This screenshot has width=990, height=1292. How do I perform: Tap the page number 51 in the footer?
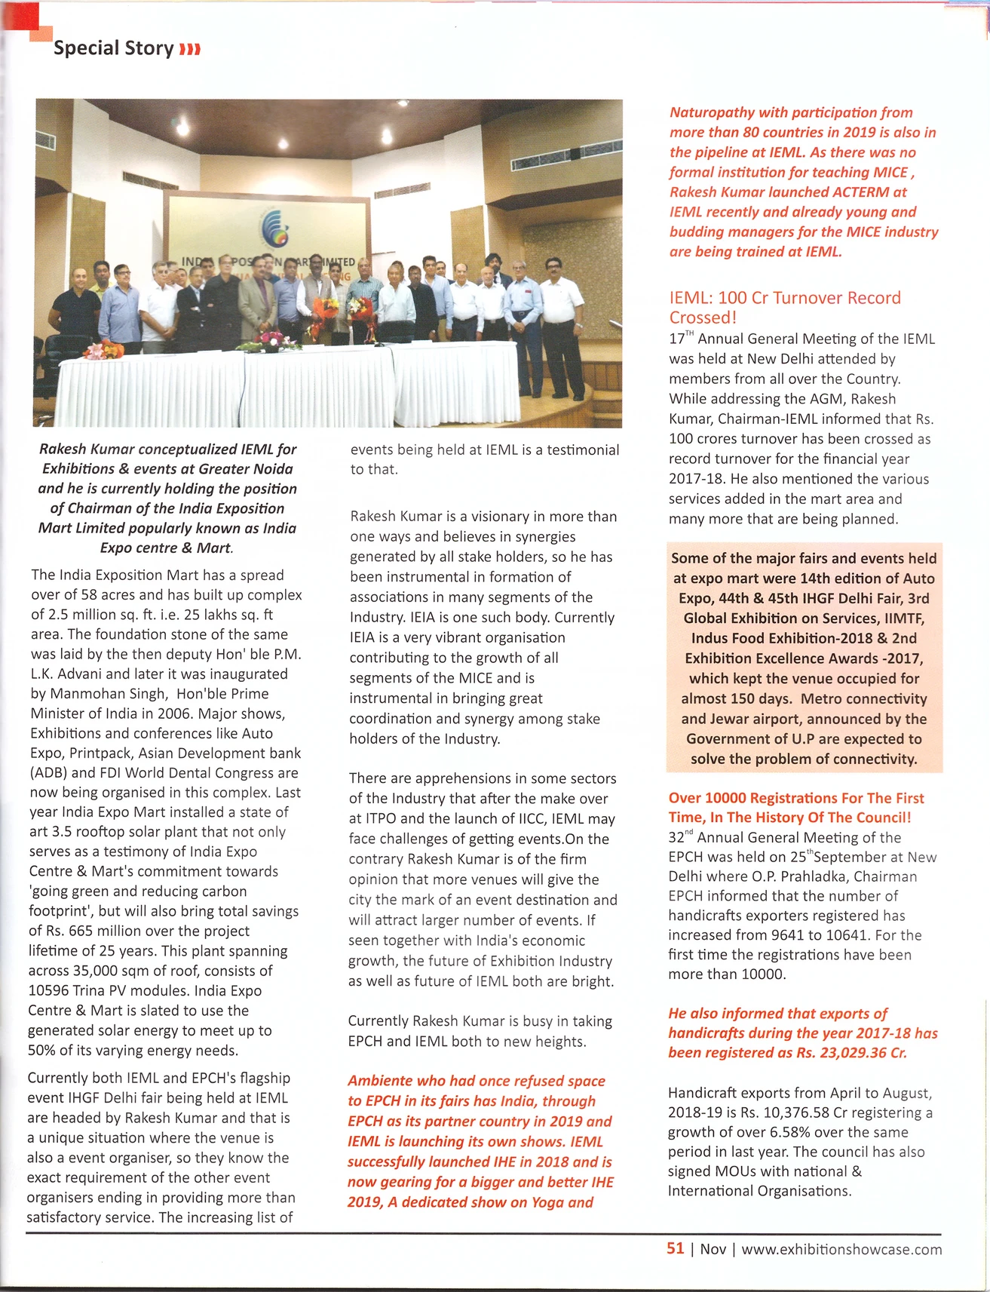tap(675, 1248)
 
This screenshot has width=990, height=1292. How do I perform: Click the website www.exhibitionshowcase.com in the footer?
tap(841, 1249)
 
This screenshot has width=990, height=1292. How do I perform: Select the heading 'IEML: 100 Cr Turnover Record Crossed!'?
tap(784, 307)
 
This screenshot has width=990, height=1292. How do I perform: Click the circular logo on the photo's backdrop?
tap(273, 227)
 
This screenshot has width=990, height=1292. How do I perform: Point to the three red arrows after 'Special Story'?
tap(189, 50)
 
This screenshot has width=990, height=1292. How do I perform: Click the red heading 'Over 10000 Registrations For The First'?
tap(795, 798)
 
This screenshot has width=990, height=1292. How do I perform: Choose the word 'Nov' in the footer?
tap(713, 1249)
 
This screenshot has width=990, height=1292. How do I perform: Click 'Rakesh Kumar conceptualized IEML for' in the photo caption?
tap(167, 450)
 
